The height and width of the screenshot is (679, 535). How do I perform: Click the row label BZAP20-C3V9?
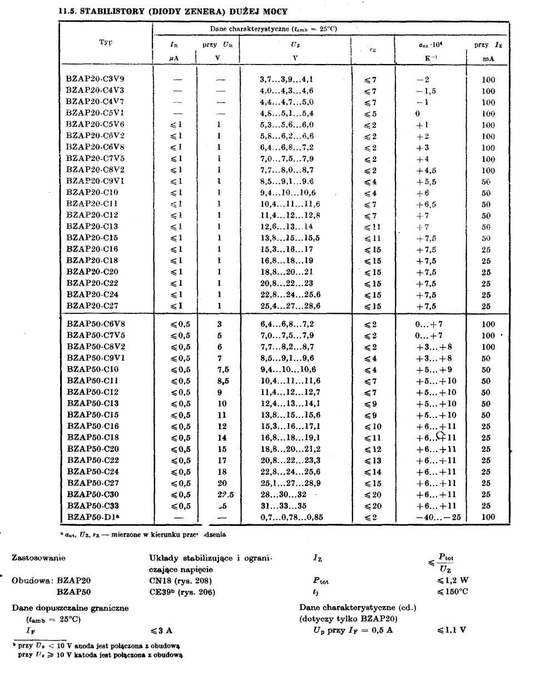[x=95, y=79]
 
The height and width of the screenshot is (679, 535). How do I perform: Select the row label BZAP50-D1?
[x=95, y=517]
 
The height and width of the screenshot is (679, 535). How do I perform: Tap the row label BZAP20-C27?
[x=92, y=306]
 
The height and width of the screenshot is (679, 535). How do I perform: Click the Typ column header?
[x=106, y=42]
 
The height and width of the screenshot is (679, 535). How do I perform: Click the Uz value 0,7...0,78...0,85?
[x=291, y=517]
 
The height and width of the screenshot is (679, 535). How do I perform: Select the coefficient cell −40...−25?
[x=438, y=517]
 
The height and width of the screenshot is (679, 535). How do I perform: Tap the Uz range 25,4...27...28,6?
[x=290, y=306]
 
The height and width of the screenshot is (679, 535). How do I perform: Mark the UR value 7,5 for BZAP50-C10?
[x=222, y=370]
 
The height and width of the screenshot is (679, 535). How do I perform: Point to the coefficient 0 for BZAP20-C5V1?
[x=417, y=114]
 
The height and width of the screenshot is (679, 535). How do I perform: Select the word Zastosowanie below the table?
[x=38, y=558]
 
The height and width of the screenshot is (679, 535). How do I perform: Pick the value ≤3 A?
[x=161, y=631]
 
